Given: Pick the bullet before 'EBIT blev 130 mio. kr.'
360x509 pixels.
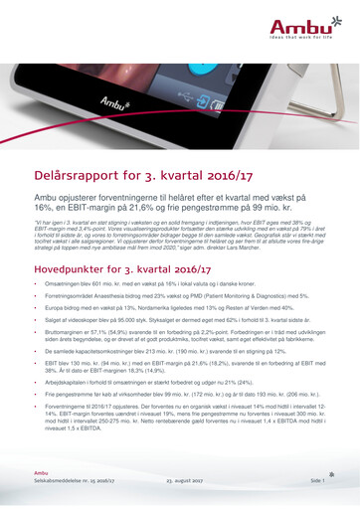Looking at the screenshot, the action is [x=35, y=380].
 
